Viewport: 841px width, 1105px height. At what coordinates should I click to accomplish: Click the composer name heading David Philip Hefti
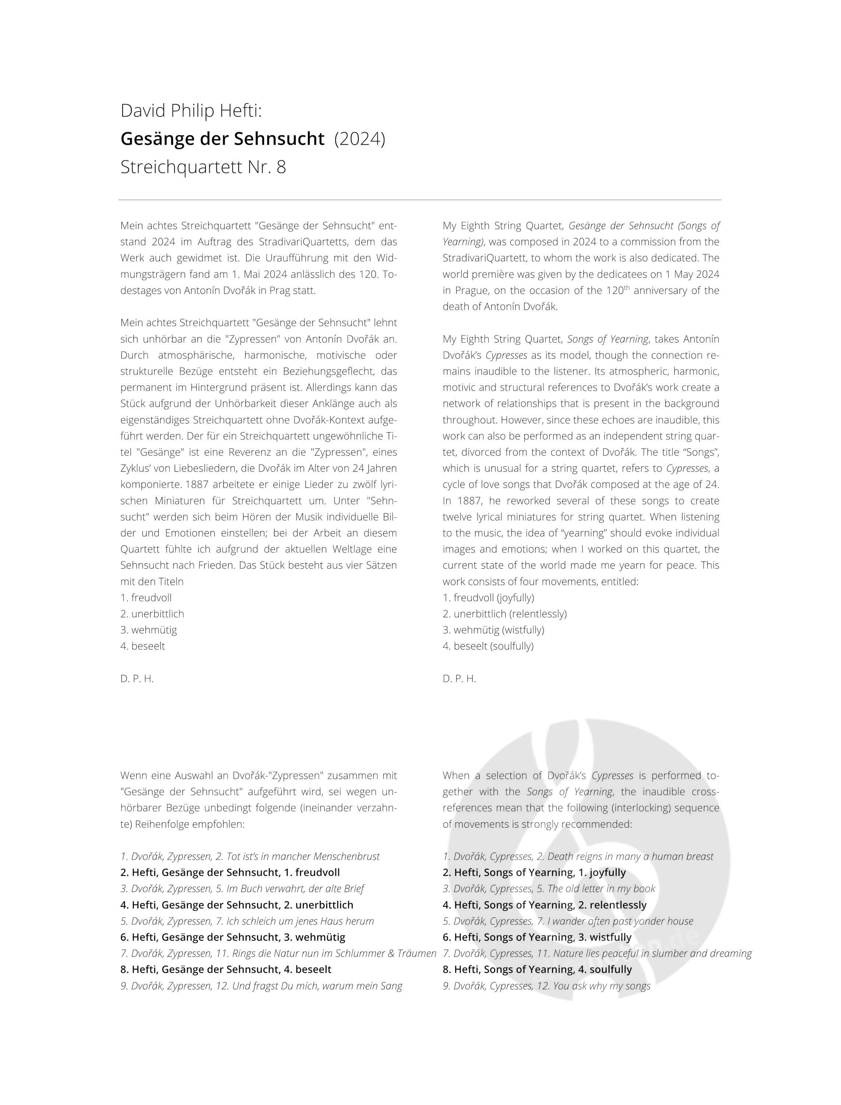191,110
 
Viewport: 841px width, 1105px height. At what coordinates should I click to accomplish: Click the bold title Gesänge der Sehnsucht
222,139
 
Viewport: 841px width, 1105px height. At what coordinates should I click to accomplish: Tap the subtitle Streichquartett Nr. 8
203,167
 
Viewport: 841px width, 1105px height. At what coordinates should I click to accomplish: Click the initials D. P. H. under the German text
137,678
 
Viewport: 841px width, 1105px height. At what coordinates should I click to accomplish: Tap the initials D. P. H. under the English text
459,678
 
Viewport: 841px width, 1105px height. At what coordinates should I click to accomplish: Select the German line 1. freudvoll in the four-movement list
146,597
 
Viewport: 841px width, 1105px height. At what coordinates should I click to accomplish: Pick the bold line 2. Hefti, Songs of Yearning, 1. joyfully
534,873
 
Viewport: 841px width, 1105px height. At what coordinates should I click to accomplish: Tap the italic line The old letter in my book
549,889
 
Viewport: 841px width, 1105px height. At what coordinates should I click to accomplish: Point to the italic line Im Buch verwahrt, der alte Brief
242,889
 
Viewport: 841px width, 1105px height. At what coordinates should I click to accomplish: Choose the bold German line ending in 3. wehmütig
233,937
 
